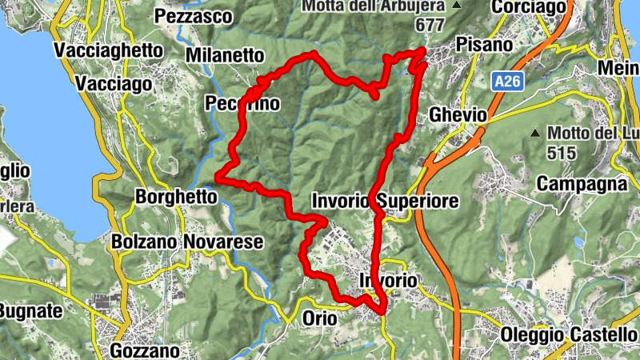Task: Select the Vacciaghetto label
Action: (109, 50)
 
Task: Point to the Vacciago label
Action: (114, 84)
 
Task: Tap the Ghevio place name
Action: (458, 115)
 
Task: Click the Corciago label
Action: (530, 8)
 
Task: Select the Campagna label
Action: (581, 184)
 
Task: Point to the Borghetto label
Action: (176, 196)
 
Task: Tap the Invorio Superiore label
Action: (385, 200)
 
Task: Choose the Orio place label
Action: (320, 318)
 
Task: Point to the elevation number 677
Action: (430, 25)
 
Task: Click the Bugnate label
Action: (30, 310)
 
